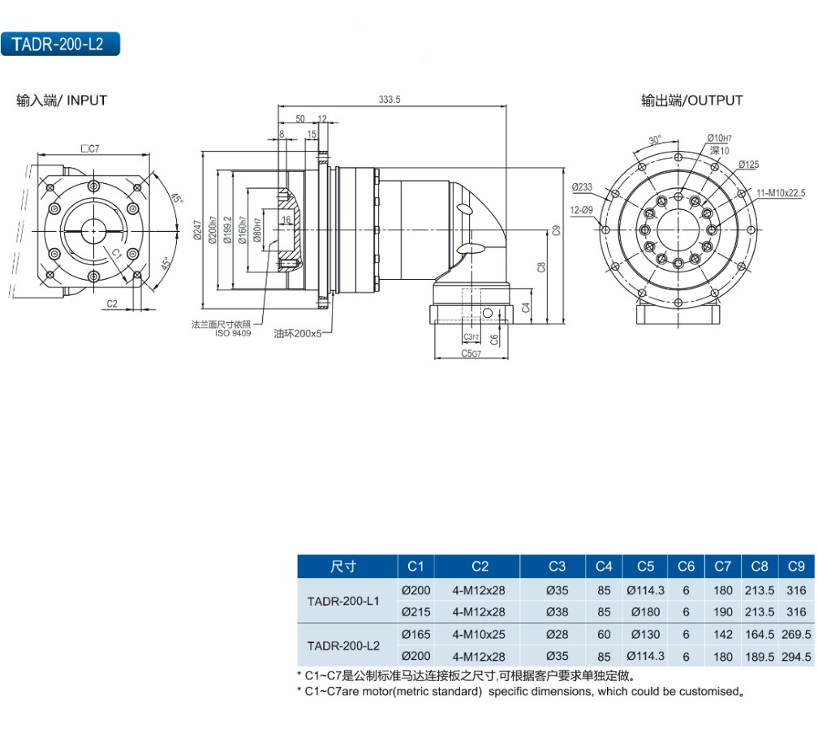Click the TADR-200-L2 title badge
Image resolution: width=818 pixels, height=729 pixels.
61,45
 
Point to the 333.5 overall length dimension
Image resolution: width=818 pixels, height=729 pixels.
390,100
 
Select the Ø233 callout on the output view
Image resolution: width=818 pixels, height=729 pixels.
582,187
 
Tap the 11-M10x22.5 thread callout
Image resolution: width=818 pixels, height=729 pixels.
780,193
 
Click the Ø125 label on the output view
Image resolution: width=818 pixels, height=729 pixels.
748,165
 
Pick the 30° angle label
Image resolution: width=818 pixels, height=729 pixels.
655,139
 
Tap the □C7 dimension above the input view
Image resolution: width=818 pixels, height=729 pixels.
90,148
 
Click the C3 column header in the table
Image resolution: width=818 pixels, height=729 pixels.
557,566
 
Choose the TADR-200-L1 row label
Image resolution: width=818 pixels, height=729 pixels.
343,601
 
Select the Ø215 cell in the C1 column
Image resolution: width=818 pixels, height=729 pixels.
416,612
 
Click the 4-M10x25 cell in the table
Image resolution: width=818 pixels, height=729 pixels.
479,634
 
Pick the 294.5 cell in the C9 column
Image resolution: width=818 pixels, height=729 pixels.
796,656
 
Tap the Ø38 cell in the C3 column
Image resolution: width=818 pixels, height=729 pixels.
557,612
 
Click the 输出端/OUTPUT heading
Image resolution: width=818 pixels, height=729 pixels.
691,101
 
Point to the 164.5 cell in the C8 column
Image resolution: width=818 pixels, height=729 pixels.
759,634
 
